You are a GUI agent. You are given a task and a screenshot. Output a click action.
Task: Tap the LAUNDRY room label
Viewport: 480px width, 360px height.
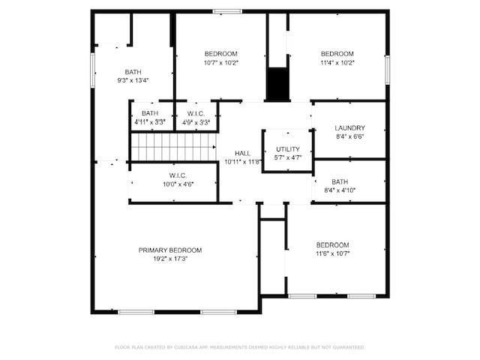pyautogui.click(x=349, y=128)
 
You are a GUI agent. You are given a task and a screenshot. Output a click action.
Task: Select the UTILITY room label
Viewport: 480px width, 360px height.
pyautogui.click(x=287, y=149)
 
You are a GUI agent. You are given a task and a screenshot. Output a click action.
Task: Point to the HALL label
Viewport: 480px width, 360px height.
pyautogui.click(x=242, y=153)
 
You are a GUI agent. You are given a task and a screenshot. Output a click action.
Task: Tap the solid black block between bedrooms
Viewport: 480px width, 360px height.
pyautogui.click(x=277, y=83)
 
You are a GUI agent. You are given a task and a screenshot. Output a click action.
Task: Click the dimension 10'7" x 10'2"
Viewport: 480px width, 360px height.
pyautogui.click(x=220, y=63)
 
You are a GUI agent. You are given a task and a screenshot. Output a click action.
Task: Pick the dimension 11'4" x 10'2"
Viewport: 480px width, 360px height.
pyautogui.click(x=337, y=63)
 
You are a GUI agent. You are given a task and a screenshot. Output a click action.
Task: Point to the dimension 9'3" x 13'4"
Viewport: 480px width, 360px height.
pyautogui.click(x=133, y=80)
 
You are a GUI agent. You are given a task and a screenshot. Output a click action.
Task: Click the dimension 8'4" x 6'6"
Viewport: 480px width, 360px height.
pyautogui.click(x=349, y=137)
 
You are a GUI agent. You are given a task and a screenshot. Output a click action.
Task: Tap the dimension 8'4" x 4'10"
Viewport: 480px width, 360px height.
pyautogui.click(x=340, y=190)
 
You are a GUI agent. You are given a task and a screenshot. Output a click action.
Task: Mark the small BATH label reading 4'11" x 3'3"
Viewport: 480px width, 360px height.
pyautogui.click(x=150, y=121)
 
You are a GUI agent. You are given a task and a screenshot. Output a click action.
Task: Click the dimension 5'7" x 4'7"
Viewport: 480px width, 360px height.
pyautogui.click(x=287, y=158)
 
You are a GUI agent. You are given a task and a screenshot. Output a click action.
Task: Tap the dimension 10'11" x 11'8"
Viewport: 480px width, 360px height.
pyautogui.click(x=242, y=162)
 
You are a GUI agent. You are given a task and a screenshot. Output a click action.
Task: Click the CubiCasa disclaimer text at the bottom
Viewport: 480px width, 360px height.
pyautogui.click(x=240, y=347)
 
